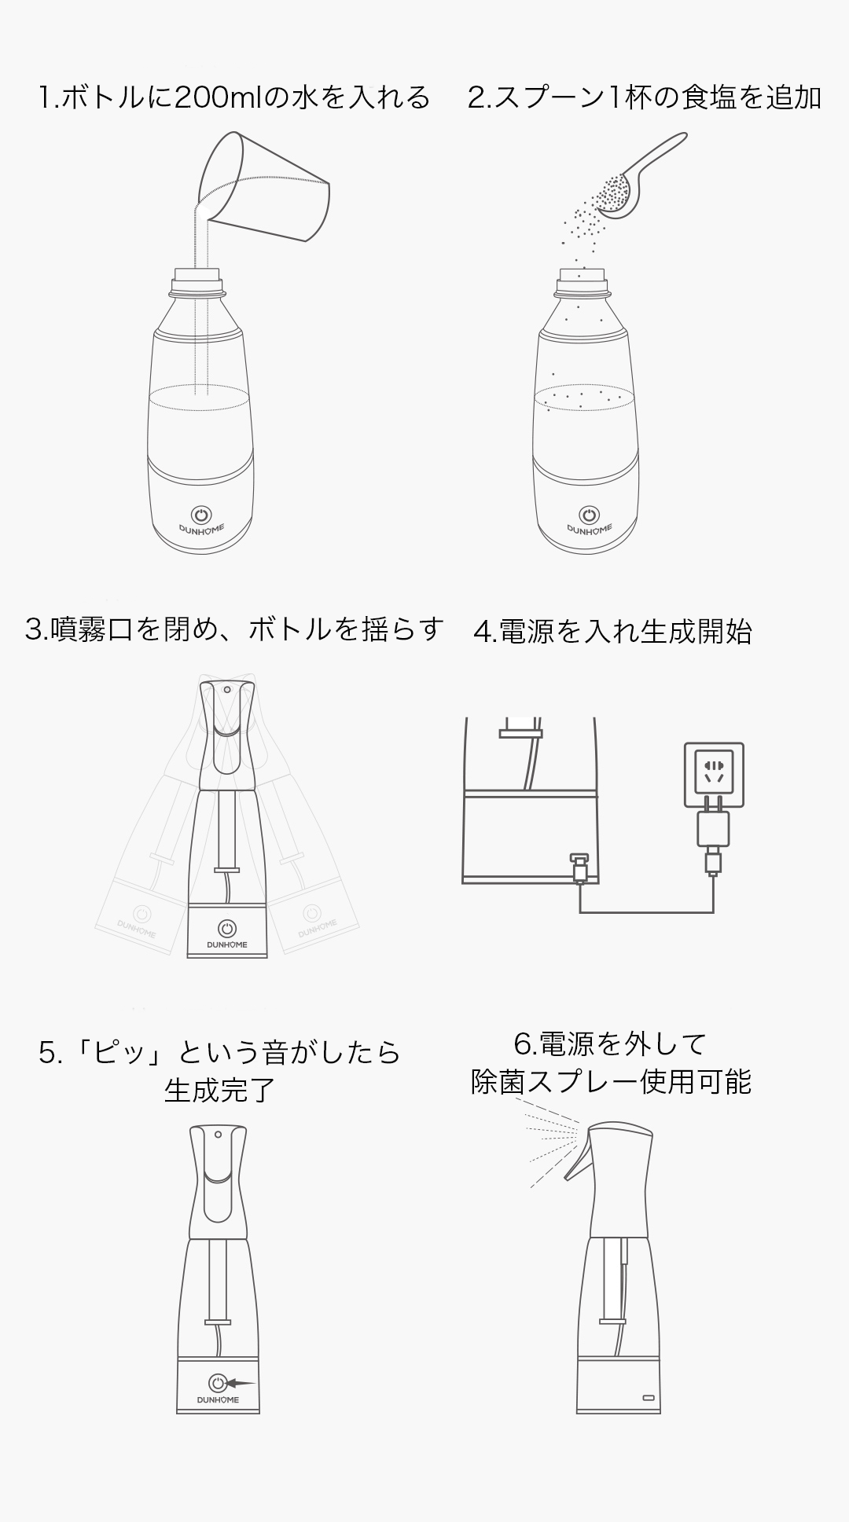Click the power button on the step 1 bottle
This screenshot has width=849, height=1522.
tap(202, 515)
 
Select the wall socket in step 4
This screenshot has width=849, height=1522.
tap(714, 774)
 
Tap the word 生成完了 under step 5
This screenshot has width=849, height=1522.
tap(220, 1090)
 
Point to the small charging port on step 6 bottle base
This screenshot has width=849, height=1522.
tap(648, 1398)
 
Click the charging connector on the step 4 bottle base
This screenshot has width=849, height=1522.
tap(579, 867)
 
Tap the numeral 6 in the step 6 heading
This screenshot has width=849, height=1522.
tap(523, 1043)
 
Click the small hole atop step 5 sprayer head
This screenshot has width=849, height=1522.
tap(217, 1134)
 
